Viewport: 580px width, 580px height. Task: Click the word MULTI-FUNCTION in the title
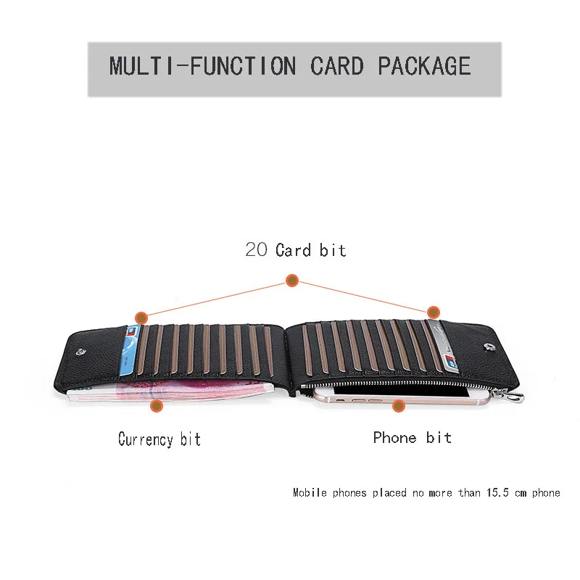point(203,66)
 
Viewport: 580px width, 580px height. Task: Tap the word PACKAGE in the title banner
point(424,66)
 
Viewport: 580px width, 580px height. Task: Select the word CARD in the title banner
point(337,66)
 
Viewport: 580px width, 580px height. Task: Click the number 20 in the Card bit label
point(256,249)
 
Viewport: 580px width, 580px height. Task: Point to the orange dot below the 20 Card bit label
point(292,281)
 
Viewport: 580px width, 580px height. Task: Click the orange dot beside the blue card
point(141,318)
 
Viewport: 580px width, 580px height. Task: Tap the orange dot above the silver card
point(433,312)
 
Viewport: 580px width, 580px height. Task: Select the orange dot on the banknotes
point(157,406)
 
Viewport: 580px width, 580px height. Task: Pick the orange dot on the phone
point(398,406)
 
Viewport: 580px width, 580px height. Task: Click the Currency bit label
point(159,439)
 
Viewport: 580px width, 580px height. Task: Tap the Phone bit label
point(412,438)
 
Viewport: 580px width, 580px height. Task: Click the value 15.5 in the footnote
point(497,492)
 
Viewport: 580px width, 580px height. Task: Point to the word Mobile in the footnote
point(310,492)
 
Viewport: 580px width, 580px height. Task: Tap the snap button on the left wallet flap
point(81,352)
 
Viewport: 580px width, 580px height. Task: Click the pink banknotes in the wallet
point(170,391)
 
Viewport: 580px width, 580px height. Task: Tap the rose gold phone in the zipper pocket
point(402,396)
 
